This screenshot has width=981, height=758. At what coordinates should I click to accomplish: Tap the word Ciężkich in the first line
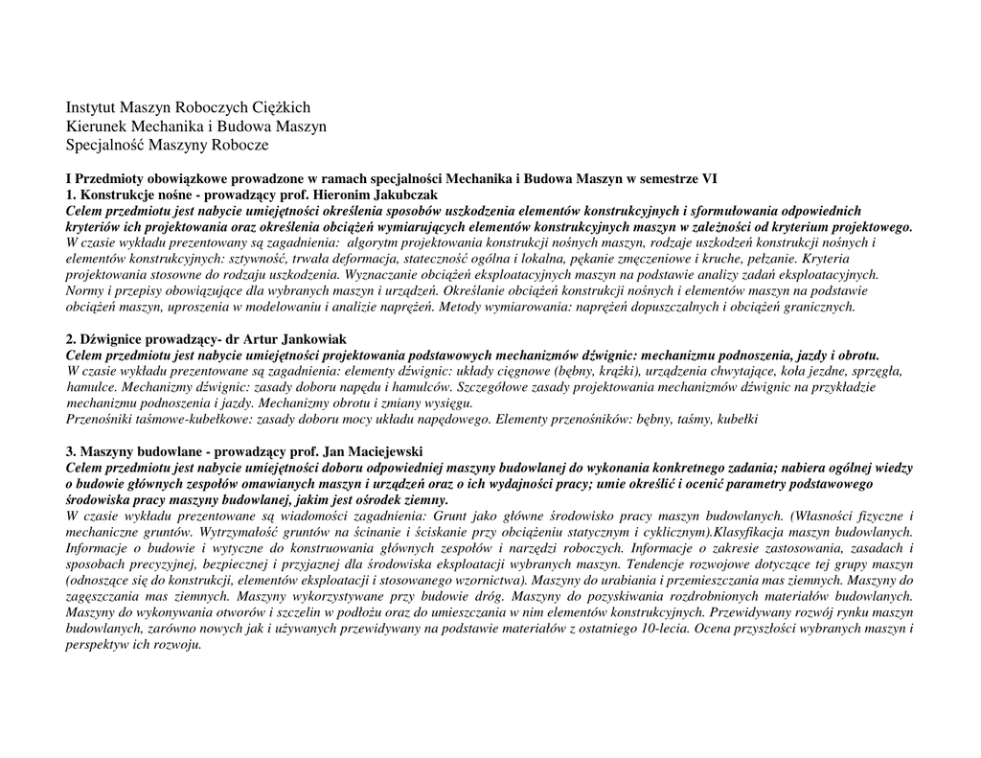click(284, 107)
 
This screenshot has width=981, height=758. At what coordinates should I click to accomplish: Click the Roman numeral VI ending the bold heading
click(709, 178)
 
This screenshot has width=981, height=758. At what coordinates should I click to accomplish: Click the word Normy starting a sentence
click(85, 290)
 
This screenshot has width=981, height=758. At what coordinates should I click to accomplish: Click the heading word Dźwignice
click(114, 339)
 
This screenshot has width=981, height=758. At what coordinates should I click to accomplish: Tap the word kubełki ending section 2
click(737, 419)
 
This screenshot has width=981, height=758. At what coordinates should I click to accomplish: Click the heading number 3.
click(70, 451)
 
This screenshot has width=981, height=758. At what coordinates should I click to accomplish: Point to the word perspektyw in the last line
click(100, 645)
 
